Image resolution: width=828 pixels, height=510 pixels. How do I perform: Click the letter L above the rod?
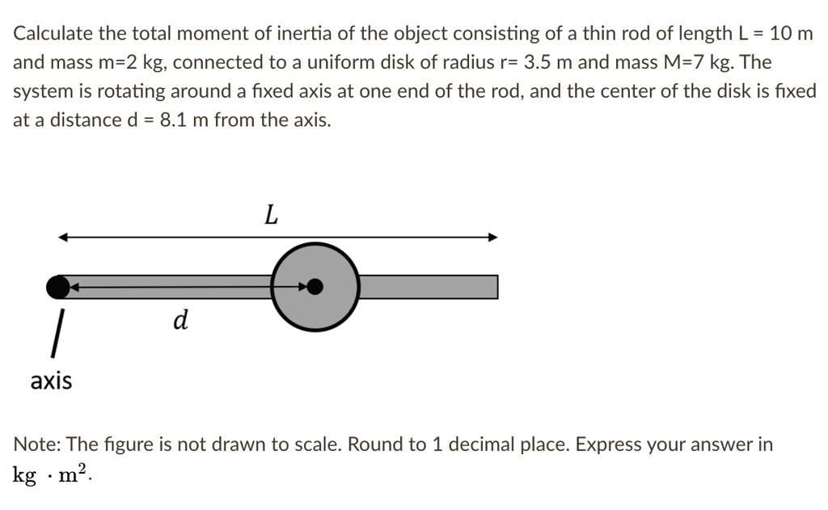[271, 215]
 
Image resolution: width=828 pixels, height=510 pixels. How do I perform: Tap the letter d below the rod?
[180, 321]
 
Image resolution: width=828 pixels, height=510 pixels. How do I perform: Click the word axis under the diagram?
[51, 381]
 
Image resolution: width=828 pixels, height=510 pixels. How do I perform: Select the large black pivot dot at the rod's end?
[57, 285]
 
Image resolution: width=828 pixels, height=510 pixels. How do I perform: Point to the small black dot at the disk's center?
[315, 286]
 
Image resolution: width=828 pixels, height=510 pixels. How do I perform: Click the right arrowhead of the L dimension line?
[492, 237]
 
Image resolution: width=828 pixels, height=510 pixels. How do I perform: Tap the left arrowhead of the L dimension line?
[63, 237]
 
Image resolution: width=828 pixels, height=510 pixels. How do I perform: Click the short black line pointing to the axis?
[57, 333]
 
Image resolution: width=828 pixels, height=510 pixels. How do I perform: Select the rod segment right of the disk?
[428, 286]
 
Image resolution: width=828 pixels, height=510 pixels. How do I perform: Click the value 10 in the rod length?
[780, 33]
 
